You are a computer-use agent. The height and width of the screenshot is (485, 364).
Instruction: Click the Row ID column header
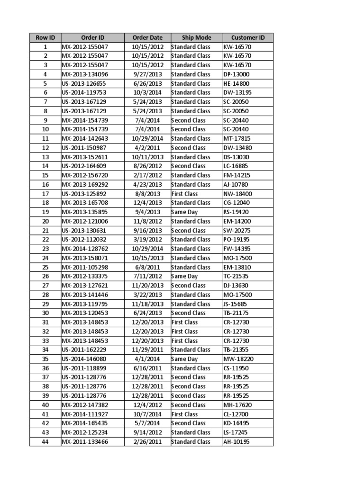click(45, 37)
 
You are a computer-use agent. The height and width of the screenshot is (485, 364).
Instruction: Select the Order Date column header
click(147, 37)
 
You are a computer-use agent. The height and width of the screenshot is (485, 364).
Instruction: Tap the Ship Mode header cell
click(196, 37)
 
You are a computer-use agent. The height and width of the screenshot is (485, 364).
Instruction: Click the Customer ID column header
click(247, 37)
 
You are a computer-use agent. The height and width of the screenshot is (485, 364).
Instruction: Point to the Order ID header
click(92, 37)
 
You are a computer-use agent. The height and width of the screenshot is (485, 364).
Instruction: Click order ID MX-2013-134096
click(85, 74)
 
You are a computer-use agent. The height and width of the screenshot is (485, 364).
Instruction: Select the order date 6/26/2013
click(147, 83)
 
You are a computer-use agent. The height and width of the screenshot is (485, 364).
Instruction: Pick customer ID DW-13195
click(237, 92)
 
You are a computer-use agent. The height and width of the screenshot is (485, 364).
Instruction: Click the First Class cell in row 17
click(185, 194)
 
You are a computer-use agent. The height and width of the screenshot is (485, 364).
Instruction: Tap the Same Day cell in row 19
click(184, 212)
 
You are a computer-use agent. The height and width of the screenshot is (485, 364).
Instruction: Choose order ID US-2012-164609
click(85, 166)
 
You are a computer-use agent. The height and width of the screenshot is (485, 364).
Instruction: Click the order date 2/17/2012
click(147, 175)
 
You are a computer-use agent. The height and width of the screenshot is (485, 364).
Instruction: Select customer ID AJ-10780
click(236, 185)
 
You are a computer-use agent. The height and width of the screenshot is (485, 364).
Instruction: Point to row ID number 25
click(45, 267)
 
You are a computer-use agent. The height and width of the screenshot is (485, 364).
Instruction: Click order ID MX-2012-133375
click(85, 276)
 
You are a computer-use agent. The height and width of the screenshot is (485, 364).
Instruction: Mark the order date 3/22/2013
click(147, 295)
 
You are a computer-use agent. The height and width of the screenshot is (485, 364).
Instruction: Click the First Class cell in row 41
click(185, 414)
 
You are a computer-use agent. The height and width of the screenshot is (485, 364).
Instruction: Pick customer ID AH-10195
click(236, 442)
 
